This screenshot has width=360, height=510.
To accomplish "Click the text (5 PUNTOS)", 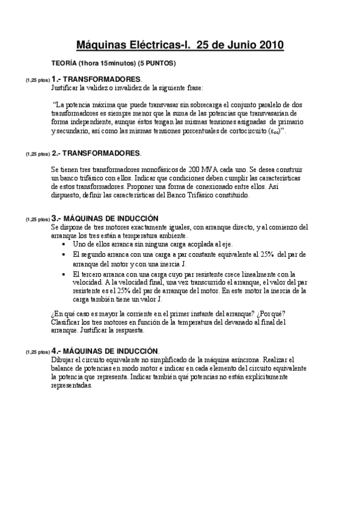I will [x=157, y=63].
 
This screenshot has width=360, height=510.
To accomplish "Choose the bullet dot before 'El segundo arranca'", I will [x=65, y=255].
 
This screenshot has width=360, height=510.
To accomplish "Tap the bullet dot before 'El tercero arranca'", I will [x=65, y=274].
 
